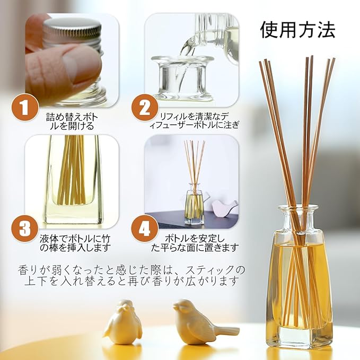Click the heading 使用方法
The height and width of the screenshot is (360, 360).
point(297,30)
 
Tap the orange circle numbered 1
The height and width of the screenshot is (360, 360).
point(25,107)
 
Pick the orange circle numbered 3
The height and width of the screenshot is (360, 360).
point(25,228)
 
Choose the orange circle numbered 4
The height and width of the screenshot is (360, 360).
point(145,228)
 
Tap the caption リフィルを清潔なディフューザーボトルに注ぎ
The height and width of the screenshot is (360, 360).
point(194,121)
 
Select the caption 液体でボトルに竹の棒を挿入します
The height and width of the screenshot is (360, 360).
point(75,243)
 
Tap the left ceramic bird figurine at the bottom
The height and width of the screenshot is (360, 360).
point(122,321)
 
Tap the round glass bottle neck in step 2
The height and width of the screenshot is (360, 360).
point(182,76)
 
